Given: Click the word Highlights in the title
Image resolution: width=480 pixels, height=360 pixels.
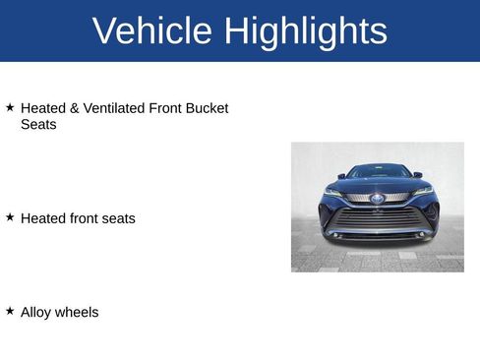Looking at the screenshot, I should coord(305,31).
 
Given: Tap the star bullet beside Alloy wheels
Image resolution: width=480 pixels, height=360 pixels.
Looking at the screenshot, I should coord(10,311).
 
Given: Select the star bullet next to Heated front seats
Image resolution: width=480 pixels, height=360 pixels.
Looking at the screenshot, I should coord(10,216).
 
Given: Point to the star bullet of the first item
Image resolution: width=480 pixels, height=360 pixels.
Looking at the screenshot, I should coord(10,106).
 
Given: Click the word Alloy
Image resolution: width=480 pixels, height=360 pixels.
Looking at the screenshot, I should coord(36,313).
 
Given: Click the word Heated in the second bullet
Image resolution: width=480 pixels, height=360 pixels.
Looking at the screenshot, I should coord(43,218).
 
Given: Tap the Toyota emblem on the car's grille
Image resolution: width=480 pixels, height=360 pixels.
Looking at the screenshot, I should coord(378,200).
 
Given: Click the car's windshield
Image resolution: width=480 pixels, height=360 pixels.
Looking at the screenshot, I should coord(379,172).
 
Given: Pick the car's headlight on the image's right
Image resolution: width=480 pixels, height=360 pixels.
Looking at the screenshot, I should coord(423,190).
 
